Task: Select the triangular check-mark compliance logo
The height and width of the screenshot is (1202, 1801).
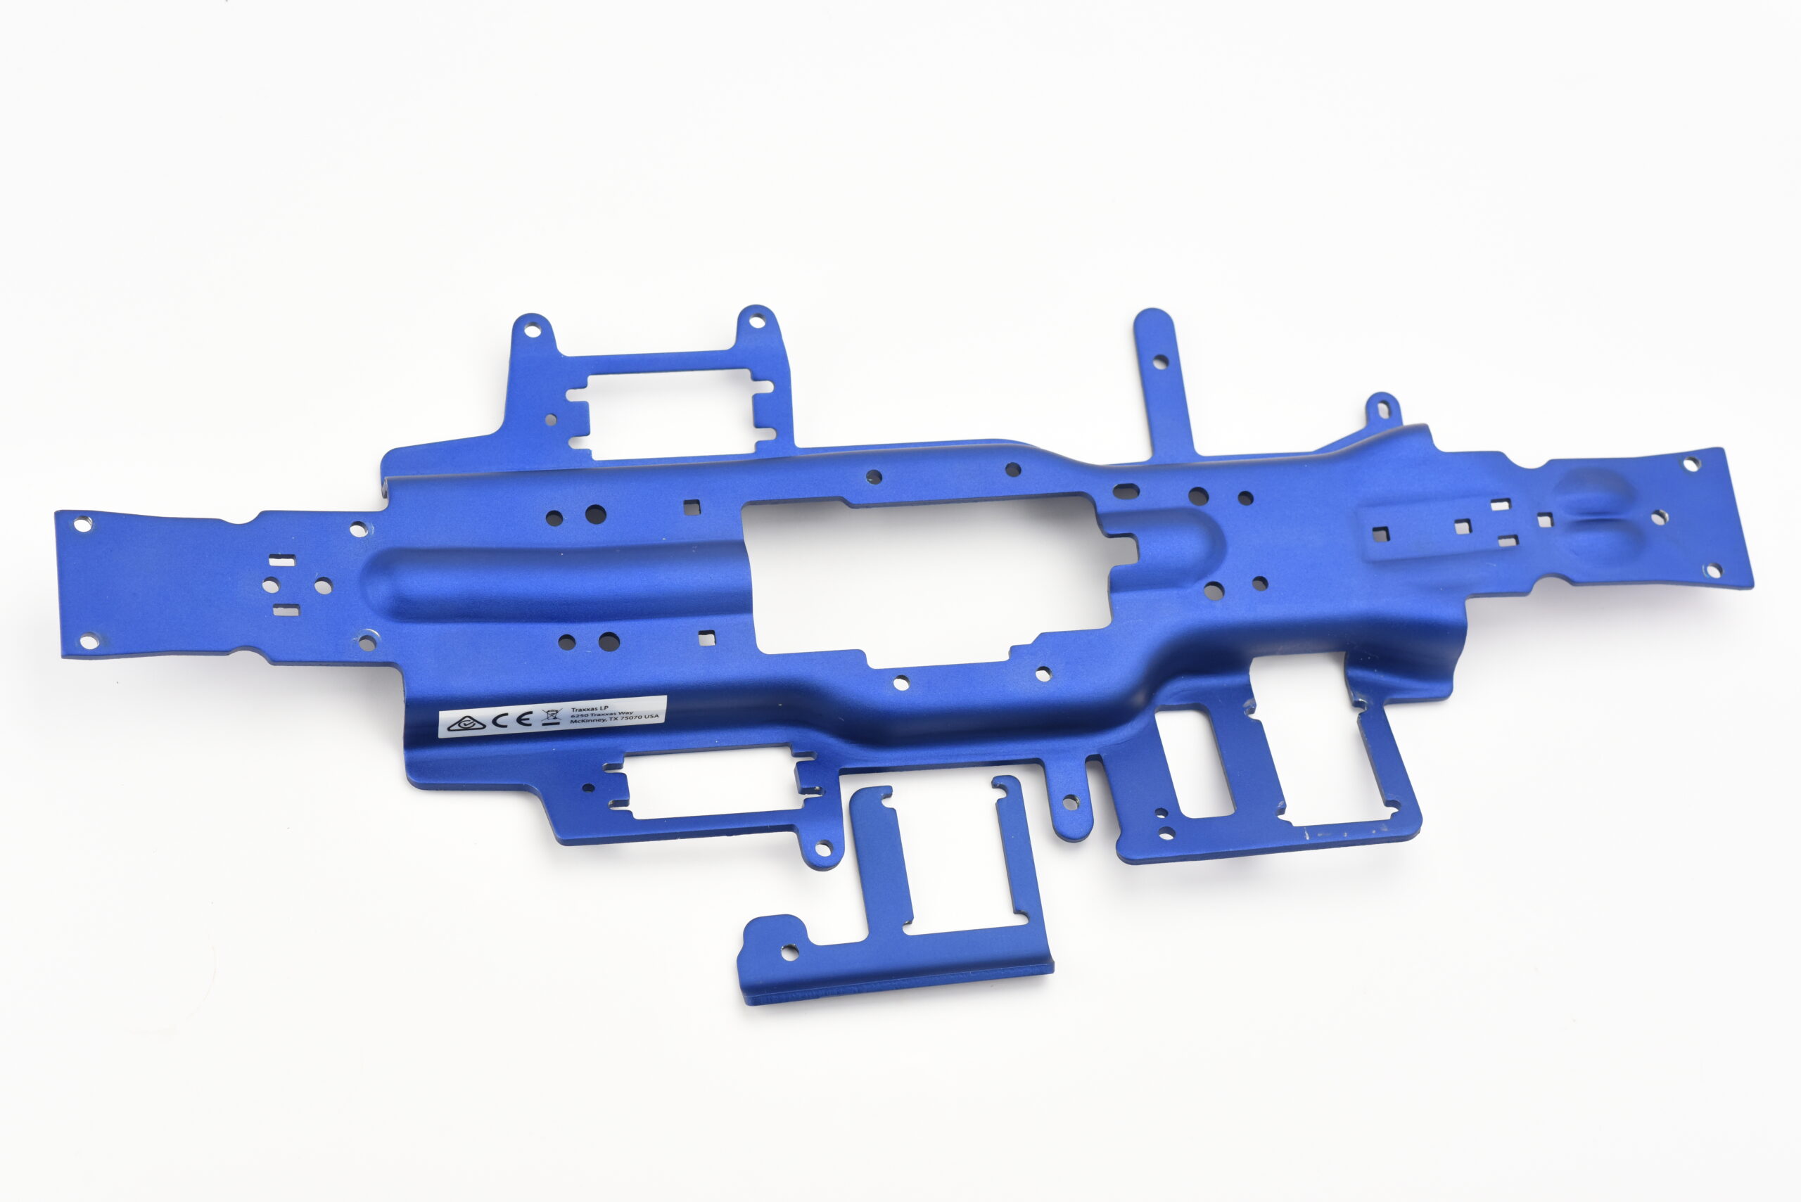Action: coord(466,723)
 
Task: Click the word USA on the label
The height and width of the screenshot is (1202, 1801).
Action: coord(651,716)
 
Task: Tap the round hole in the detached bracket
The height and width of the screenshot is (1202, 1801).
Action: coord(789,952)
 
